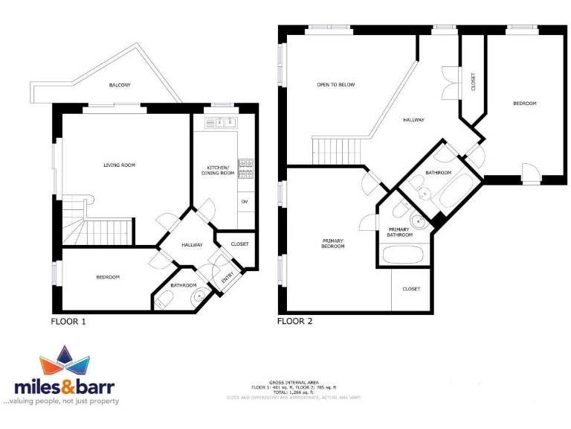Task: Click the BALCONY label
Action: pyautogui.click(x=120, y=85)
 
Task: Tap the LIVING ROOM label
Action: pyautogui.click(x=119, y=165)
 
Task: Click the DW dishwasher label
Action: pyautogui.click(x=244, y=202)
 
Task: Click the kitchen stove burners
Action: pyautogui.click(x=245, y=169)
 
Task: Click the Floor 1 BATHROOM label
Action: pyautogui.click(x=184, y=285)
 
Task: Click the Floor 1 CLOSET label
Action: pyautogui.click(x=239, y=244)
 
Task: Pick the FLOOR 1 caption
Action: pyautogui.click(x=74, y=322)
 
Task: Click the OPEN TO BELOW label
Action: pyautogui.click(x=335, y=85)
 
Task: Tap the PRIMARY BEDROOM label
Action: pyautogui.click(x=333, y=243)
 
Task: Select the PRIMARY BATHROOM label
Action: pyautogui.click(x=399, y=231)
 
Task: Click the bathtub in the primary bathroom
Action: pyautogui.click(x=403, y=255)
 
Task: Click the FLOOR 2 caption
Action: pyautogui.click(x=295, y=322)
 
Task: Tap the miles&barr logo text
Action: pyautogui.click(x=65, y=387)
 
